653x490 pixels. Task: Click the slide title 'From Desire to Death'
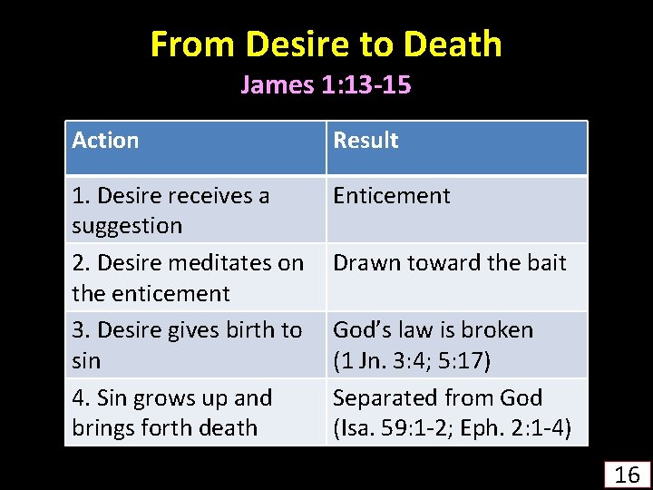[x=326, y=44]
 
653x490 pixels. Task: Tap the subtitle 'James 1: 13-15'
[x=326, y=85]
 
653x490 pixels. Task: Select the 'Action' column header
[x=105, y=141]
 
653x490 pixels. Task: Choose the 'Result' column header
[x=365, y=141]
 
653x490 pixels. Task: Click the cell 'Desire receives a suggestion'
[x=171, y=210]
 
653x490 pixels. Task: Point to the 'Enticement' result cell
[x=392, y=196]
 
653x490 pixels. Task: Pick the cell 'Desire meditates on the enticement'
[x=188, y=278]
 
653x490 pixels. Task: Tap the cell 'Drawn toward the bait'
[x=450, y=263]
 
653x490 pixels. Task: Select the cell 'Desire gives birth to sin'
[x=187, y=345]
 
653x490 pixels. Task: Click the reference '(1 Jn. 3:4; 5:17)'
[x=412, y=361]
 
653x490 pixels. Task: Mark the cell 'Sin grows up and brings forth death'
[x=172, y=412]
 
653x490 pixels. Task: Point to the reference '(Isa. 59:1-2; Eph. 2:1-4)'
[x=452, y=428]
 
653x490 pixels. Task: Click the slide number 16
[x=628, y=474]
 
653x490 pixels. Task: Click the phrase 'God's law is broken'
[x=434, y=330]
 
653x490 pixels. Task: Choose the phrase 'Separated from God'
[x=438, y=397]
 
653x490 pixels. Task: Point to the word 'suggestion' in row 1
[x=127, y=226]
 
